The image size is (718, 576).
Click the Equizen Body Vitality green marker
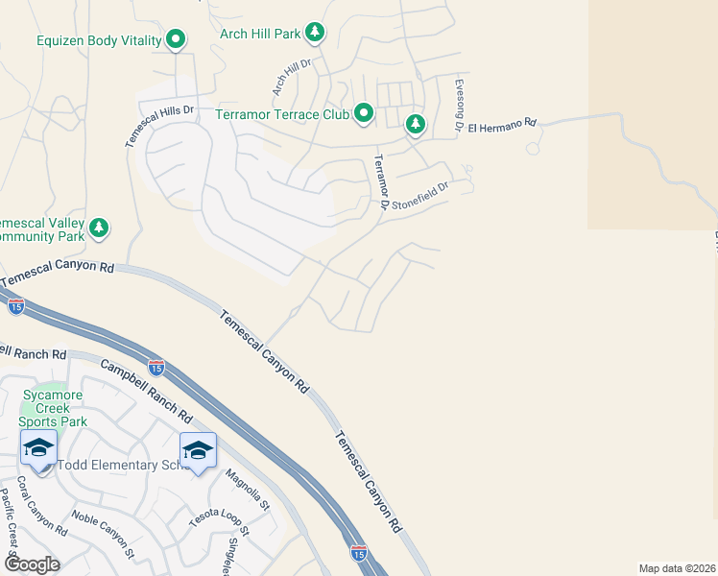(x=176, y=39)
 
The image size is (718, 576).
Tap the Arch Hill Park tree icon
(x=314, y=34)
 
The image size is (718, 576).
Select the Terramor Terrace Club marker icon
(x=363, y=114)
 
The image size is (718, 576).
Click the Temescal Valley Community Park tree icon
(x=98, y=228)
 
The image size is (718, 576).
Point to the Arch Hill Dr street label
(x=293, y=77)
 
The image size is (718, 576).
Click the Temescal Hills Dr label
(x=158, y=126)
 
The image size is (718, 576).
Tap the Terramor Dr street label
(x=380, y=181)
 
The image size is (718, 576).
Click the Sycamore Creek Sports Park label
(x=55, y=408)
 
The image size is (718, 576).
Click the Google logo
(x=31, y=564)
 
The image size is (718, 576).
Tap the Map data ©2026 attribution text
(x=677, y=568)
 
